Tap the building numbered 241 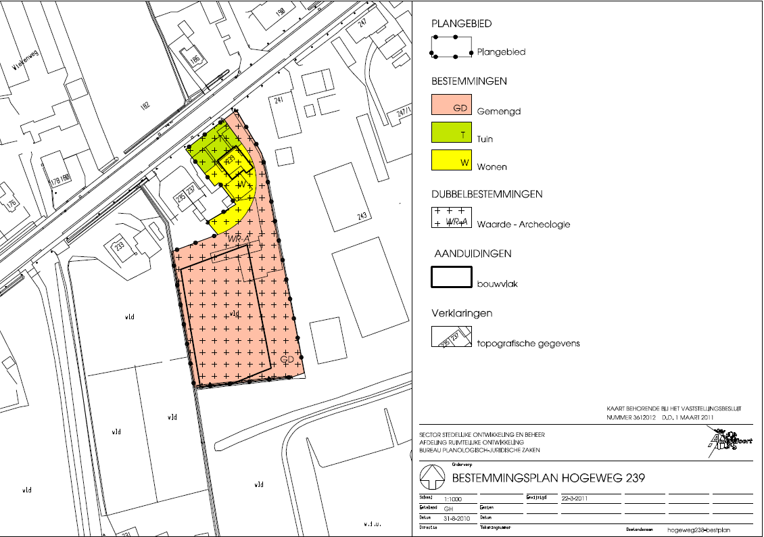(x=277, y=101)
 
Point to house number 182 (x=144, y=105)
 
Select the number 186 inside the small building (x=195, y=60)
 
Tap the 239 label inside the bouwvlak (x=231, y=160)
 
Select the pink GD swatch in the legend (x=451, y=107)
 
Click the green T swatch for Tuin (x=451, y=134)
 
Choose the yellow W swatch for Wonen (x=451, y=162)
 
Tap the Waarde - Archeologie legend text (x=523, y=225)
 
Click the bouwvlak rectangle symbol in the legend (x=451, y=278)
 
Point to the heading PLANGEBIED (x=462, y=24)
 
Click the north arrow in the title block (x=432, y=477)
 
